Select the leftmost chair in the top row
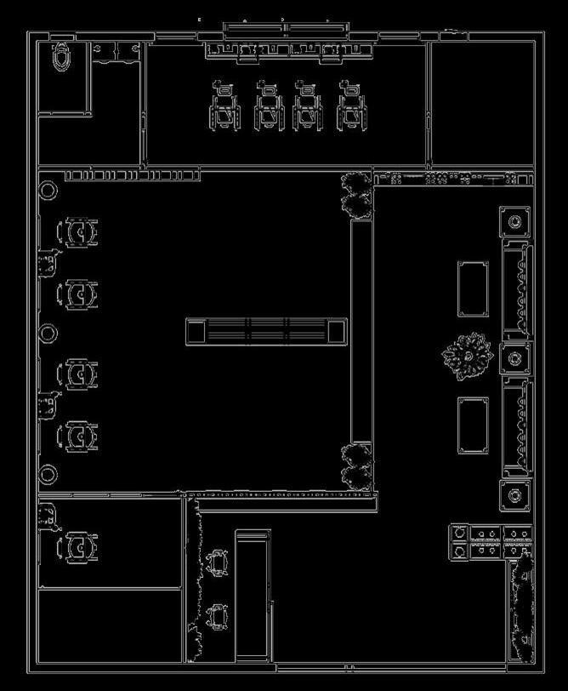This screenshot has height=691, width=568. click(x=225, y=107)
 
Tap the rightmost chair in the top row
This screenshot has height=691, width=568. click(x=350, y=107)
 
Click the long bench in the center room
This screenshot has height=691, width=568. click(x=266, y=331)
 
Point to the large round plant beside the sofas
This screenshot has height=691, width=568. click(x=467, y=357)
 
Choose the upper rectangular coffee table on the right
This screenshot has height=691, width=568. click(x=474, y=288)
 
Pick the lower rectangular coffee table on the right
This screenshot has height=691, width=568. click(x=474, y=425)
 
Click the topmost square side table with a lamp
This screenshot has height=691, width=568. click(x=514, y=223)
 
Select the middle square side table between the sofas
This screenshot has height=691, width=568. click(x=514, y=357)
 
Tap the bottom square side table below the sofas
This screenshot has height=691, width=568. click(x=514, y=495)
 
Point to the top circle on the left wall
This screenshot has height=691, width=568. click(x=48, y=190)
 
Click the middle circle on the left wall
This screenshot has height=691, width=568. click(x=48, y=333)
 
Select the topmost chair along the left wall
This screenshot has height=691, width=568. click(x=77, y=232)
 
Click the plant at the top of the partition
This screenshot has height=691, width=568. click(x=355, y=192)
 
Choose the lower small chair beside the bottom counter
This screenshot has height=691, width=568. click(x=218, y=615)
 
